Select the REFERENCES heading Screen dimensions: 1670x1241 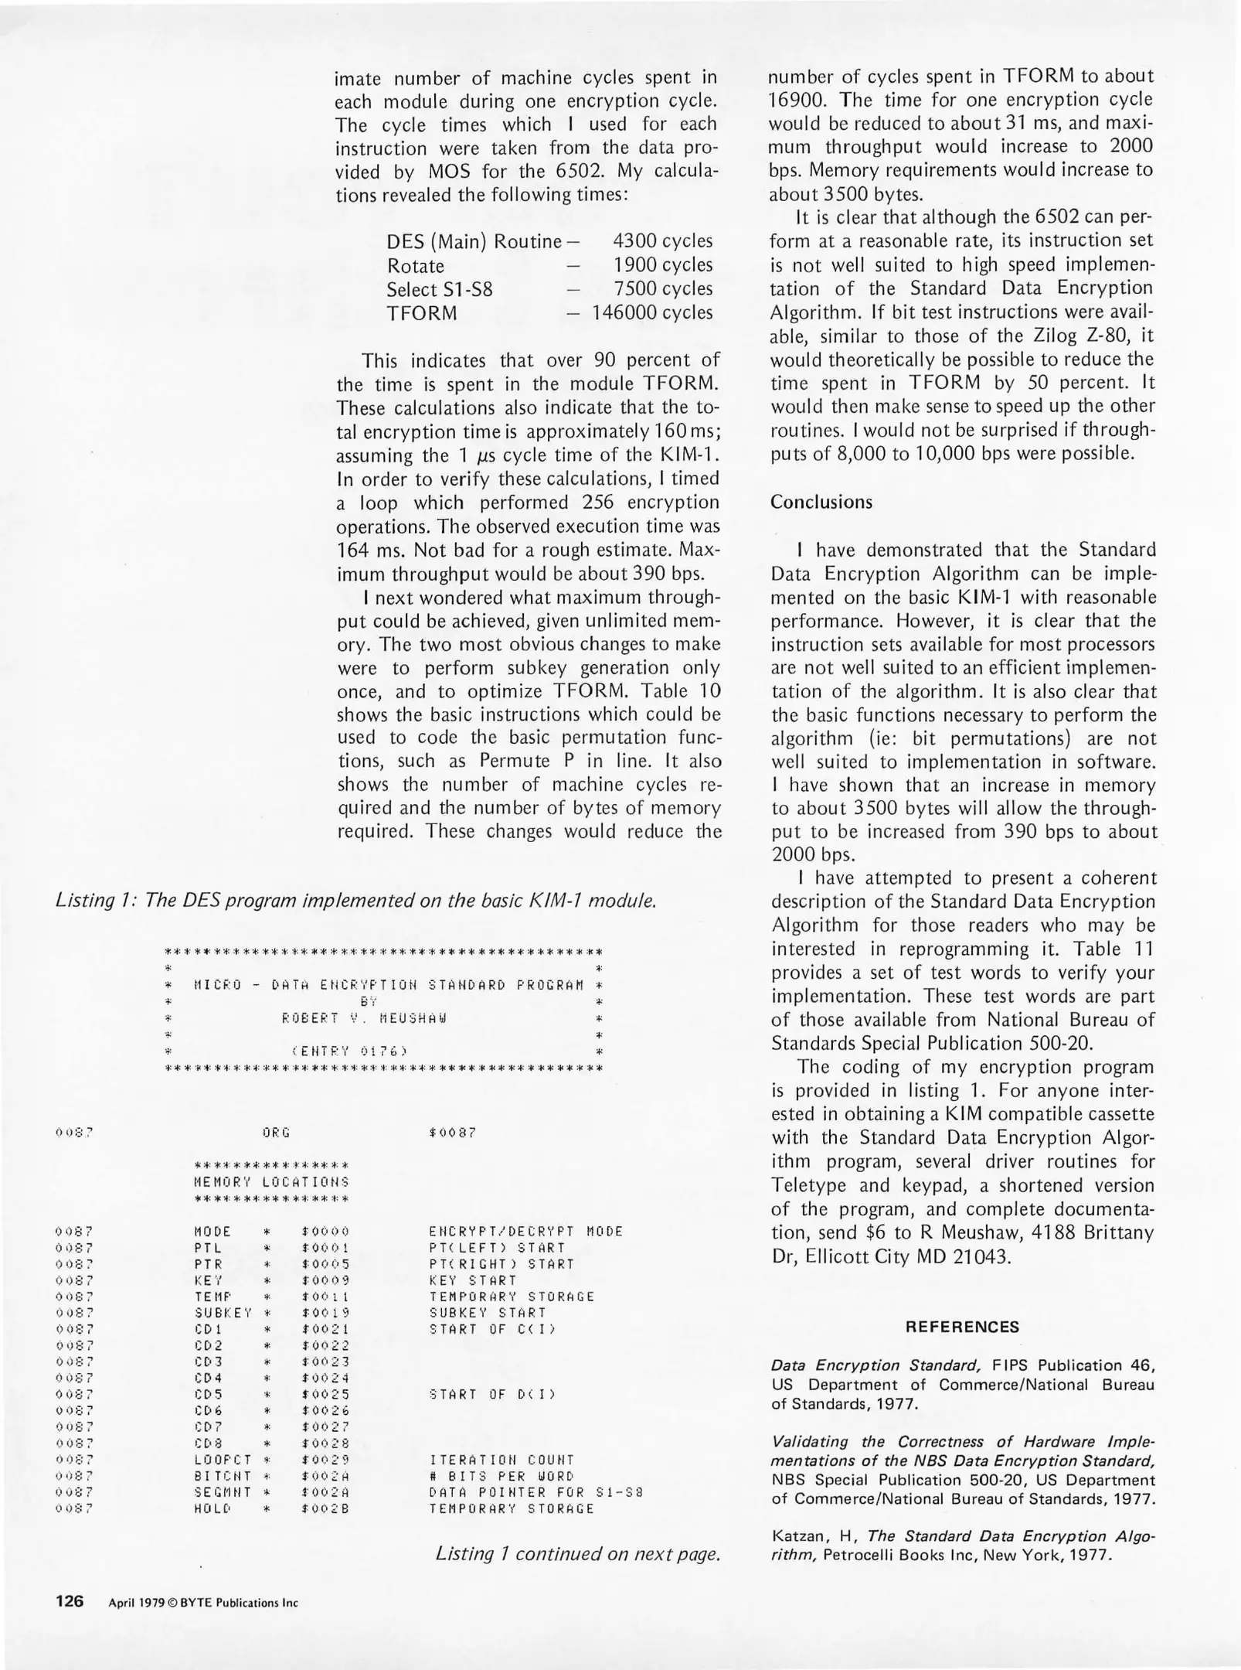[x=962, y=1327]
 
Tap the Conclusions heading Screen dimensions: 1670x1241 [x=821, y=502]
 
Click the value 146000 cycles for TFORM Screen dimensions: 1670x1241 [x=652, y=312]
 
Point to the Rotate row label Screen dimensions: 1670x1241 [x=416, y=266]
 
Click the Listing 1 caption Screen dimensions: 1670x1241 [x=356, y=901]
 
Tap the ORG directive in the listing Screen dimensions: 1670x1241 [x=276, y=1133]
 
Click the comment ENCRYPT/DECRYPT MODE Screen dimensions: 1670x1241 [x=525, y=1232]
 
